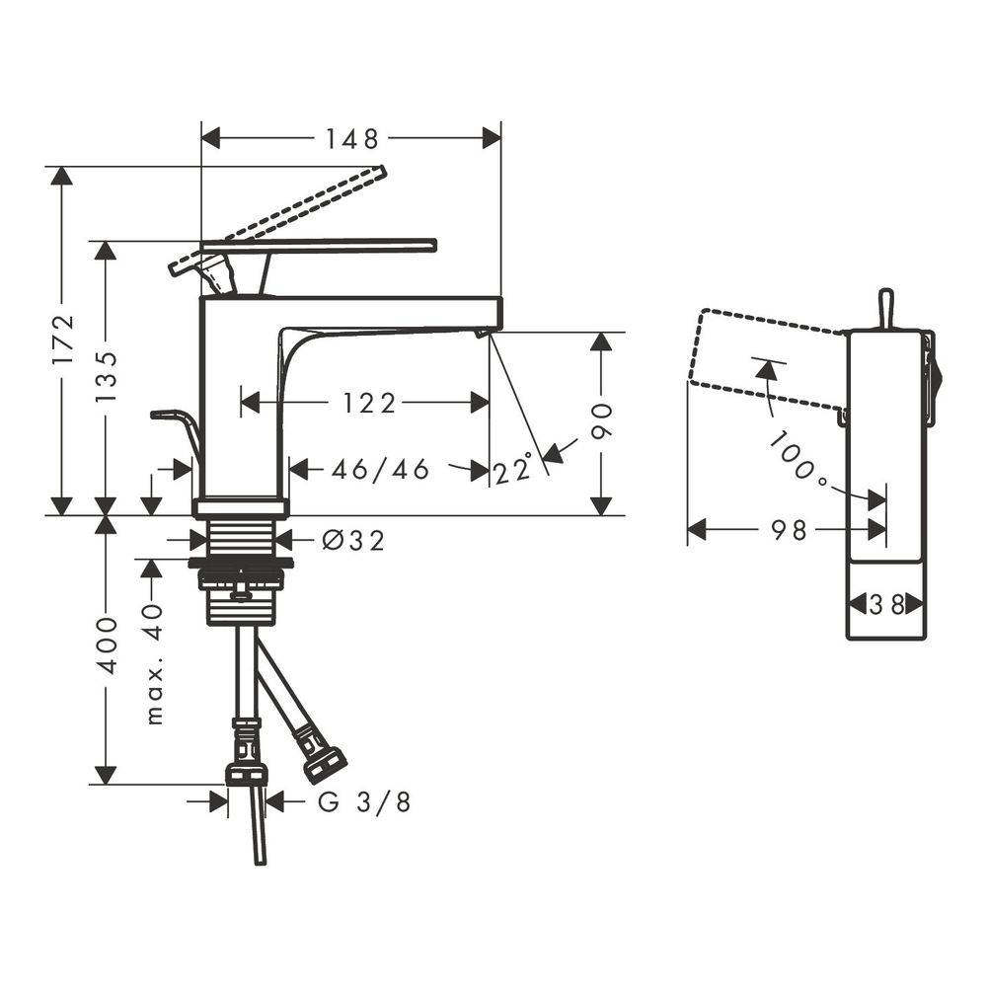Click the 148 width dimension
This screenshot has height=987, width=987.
point(351,139)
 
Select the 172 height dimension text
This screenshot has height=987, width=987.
point(63,340)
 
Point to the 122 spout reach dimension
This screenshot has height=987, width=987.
point(369,403)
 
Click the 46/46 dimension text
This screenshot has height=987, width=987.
point(380,470)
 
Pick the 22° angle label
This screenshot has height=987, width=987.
point(513,470)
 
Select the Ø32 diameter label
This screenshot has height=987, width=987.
point(353,540)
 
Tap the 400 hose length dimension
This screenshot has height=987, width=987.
point(108,645)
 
